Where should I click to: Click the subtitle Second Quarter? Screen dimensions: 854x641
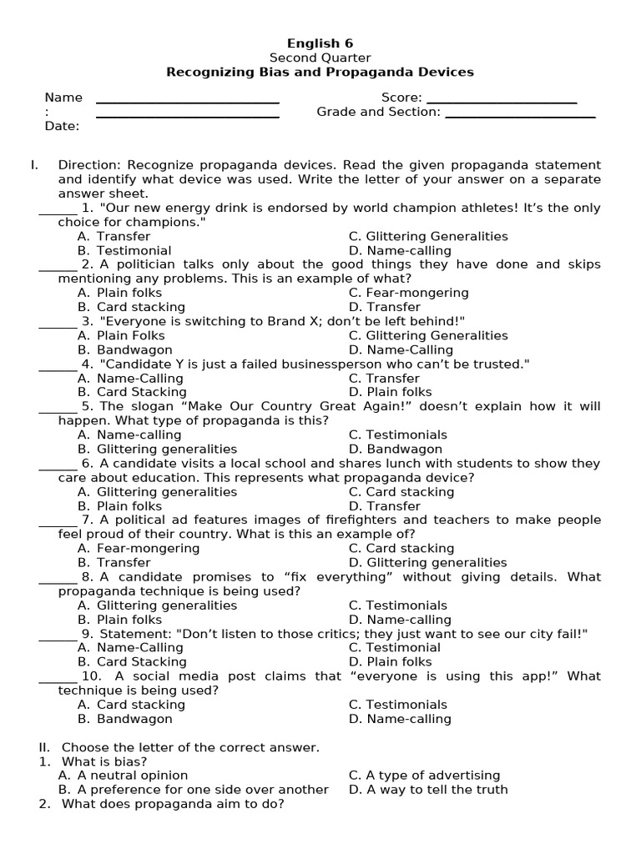[320, 58]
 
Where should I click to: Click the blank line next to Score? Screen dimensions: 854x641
[502, 99]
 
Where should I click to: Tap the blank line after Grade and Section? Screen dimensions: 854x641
[520, 113]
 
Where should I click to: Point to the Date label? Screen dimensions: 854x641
[62, 127]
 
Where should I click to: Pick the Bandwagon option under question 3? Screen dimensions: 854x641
[134, 350]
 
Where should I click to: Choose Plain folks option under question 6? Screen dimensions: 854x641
[129, 506]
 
